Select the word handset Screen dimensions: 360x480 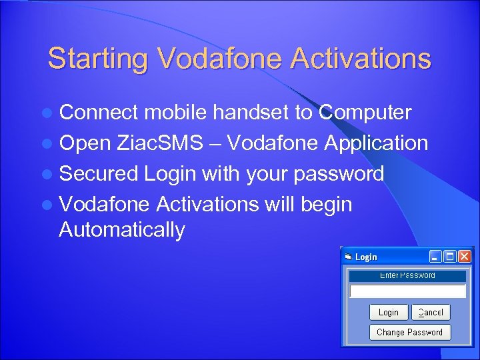(251, 113)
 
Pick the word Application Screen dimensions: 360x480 (376, 143)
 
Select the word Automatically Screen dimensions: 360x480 (121, 230)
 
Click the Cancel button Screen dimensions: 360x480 (431, 312)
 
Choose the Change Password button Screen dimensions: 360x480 (409, 332)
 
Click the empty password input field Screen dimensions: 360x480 (408, 291)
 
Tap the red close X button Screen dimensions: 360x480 (465, 257)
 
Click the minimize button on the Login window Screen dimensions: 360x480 (435, 257)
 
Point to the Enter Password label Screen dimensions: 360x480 (408, 275)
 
